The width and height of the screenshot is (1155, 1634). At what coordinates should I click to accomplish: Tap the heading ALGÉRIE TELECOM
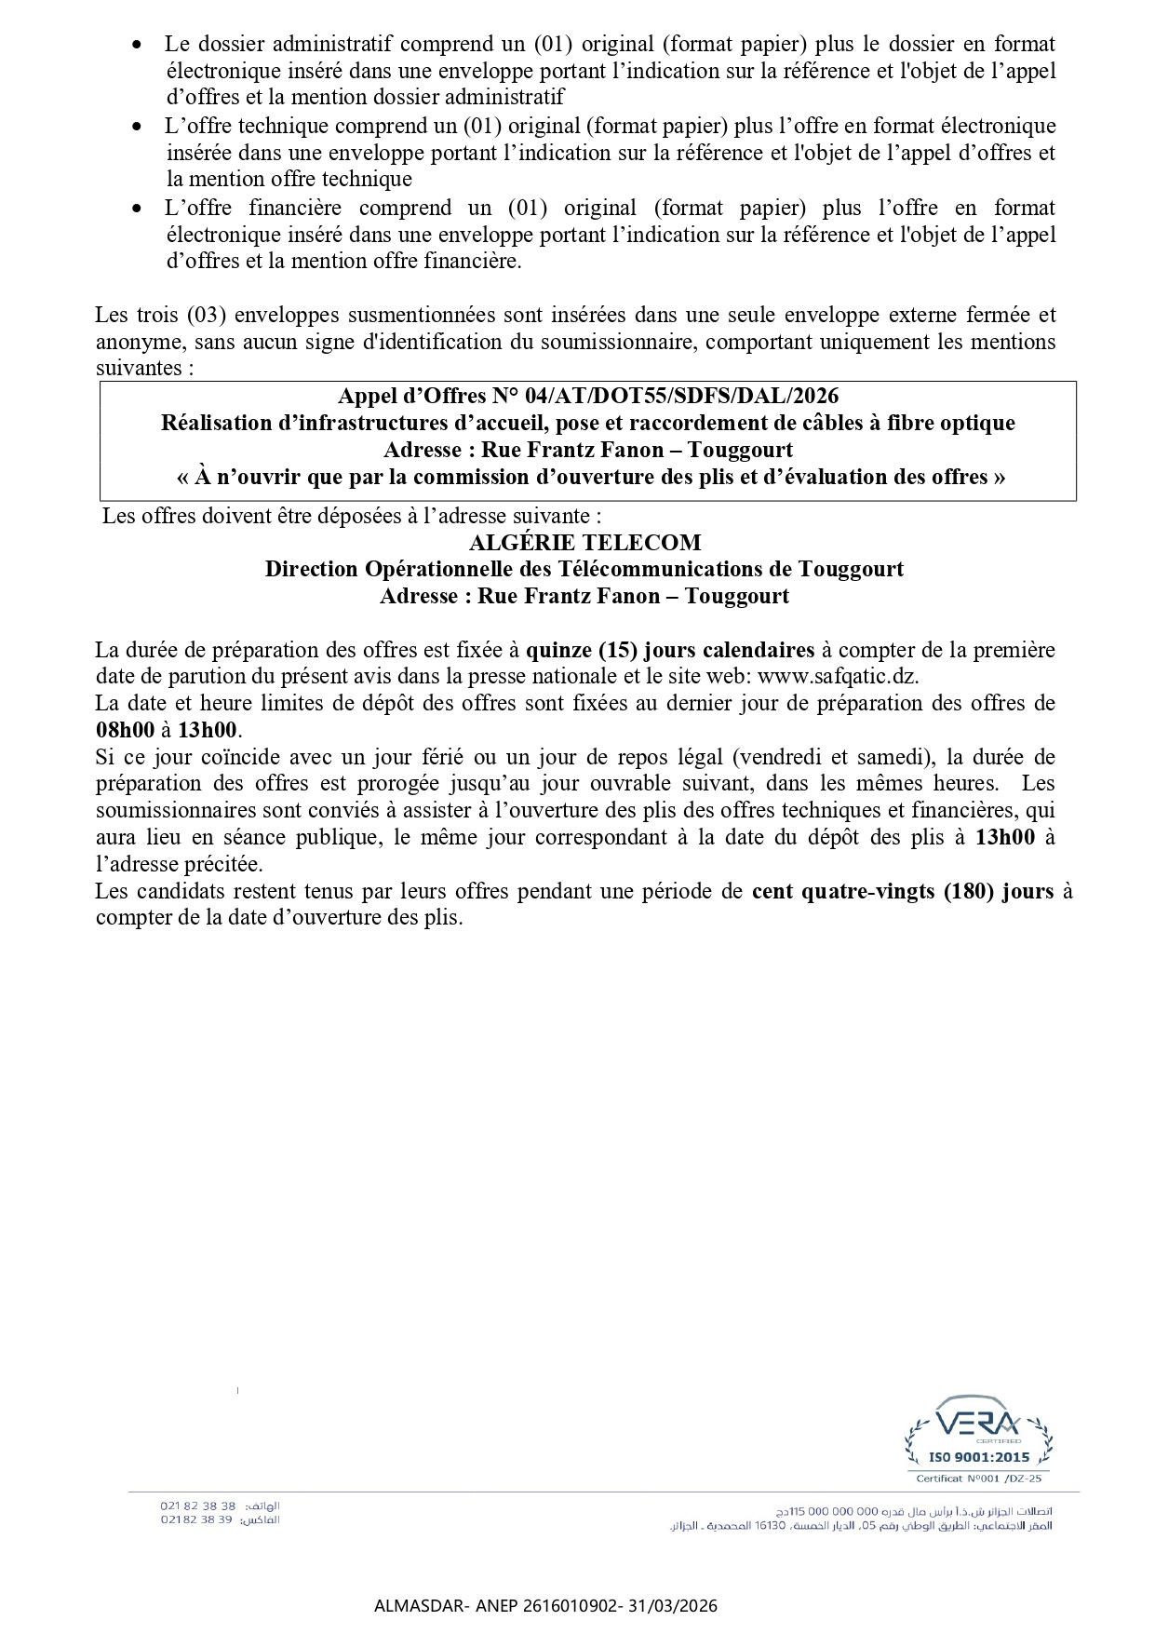584,542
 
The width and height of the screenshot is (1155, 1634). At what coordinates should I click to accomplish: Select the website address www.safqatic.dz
839,676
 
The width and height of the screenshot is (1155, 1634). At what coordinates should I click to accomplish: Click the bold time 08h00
125,730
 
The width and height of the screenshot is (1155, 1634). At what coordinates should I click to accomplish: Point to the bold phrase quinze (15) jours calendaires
670,650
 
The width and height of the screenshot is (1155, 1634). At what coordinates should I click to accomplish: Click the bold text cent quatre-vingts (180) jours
903,891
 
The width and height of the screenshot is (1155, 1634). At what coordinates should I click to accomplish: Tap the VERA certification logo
978,1425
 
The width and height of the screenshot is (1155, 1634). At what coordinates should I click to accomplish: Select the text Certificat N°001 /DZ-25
979,1479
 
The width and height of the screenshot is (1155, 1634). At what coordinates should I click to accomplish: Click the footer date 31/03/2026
680,1606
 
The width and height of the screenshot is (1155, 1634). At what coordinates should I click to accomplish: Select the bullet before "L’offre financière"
138,208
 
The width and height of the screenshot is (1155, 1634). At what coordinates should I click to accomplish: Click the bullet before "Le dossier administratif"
138,44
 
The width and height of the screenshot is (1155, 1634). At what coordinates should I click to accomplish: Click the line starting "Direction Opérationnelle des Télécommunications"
584,569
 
